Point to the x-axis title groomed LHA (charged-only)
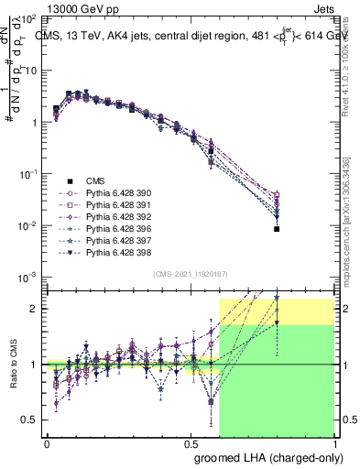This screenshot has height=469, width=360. [265, 455]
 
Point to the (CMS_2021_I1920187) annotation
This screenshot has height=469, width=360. [191, 274]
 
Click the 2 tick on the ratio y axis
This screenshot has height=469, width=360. [35, 309]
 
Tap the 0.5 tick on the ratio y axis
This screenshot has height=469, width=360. [31, 420]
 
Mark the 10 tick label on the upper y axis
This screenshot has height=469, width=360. [29, 70]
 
